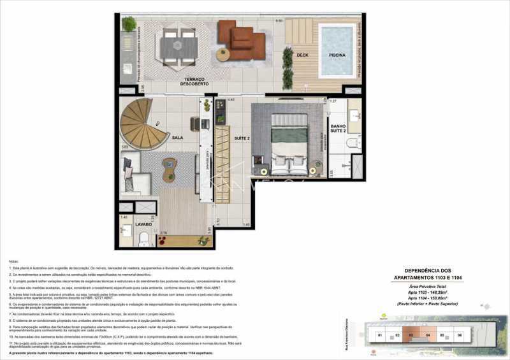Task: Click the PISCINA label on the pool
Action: [337, 55]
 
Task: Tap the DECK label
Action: [302, 55]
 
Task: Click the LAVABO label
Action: [143, 224]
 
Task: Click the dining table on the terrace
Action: [173, 47]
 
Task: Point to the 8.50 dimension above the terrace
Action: [279, 21]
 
